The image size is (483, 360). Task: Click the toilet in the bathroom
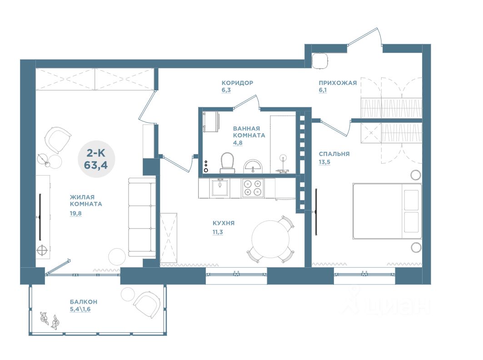coord(227,163)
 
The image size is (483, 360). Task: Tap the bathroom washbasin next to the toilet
coord(253,166)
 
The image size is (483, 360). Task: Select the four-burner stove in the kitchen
coord(253,188)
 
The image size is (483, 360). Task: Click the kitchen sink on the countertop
coord(220,188)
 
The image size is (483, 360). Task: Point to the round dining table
coord(270,239)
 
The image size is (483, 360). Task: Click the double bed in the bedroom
coord(387,211)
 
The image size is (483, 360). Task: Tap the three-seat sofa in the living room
coord(142,217)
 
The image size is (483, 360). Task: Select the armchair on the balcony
coord(147,304)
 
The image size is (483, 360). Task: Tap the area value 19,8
coord(75,213)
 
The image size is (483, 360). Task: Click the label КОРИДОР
coord(237,83)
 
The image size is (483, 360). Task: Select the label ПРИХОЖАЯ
coord(338,83)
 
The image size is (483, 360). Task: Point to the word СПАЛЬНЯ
coord(334,154)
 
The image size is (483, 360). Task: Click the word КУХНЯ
coord(224,223)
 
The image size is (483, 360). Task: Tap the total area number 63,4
coord(96,165)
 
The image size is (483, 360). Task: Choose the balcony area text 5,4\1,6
coord(80,309)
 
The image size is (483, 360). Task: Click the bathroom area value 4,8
coord(238,143)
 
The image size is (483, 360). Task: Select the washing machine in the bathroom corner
coord(211,121)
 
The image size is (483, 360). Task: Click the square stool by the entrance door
coord(320,60)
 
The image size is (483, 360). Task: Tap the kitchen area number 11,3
coord(218,232)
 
